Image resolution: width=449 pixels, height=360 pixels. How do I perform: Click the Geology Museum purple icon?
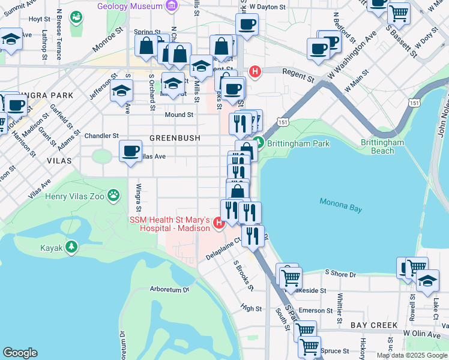point(173,6)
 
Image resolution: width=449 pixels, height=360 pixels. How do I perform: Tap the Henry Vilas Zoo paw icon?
point(114,196)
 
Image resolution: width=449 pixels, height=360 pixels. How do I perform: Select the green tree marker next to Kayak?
point(71,247)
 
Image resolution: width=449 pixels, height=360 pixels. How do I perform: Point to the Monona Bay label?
point(340,205)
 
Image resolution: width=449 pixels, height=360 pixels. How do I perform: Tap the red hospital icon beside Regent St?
point(255,72)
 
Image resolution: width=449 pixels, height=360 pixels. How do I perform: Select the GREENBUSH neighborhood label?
point(174,138)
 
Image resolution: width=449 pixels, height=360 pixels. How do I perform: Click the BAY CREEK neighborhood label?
point(374,325)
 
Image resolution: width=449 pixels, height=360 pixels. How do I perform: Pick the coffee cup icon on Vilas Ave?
point(130,151)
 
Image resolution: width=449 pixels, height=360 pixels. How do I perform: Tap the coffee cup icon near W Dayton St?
point(247,25)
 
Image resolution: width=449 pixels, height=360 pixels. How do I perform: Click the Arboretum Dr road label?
point(169,289)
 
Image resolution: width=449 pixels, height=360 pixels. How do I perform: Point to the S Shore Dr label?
point(340,274)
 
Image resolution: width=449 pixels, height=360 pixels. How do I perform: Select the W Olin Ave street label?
point(423,332)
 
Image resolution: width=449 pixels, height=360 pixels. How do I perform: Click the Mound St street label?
point(179,115)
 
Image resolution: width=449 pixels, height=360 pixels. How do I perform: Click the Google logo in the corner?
point(20,353)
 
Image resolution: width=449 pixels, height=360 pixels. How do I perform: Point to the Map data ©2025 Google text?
point(412,355)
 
